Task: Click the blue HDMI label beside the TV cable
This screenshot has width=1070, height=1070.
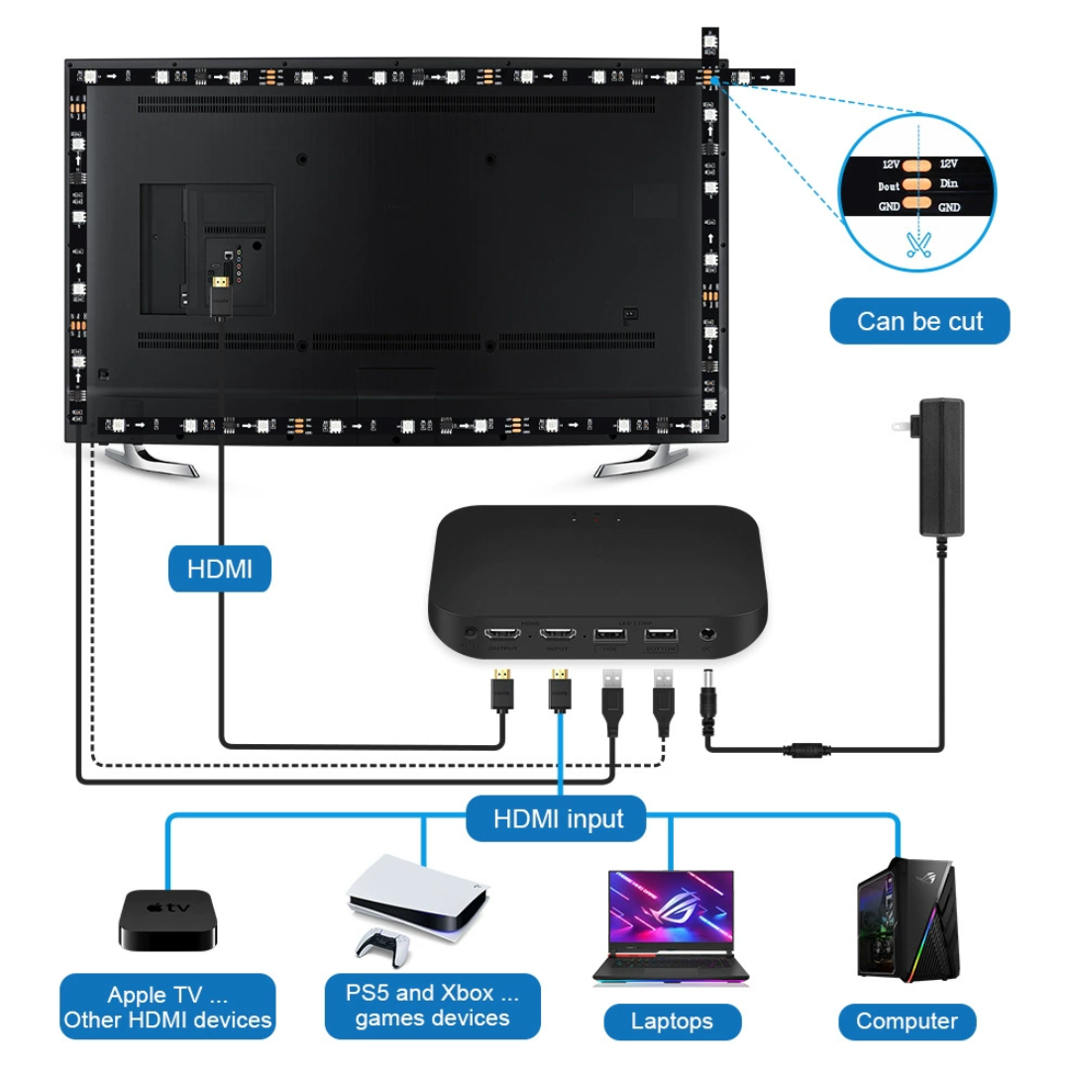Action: coord(219,569)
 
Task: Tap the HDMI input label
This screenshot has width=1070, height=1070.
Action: coord(558,818)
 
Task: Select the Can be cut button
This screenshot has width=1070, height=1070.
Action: coord(919,321)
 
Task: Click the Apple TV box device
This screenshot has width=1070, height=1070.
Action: coord(166,920)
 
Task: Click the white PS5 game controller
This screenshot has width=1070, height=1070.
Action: coord(383,947)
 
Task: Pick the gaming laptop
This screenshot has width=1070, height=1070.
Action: coord(672,927)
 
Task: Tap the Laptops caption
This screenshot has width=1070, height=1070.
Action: coord(672,1021)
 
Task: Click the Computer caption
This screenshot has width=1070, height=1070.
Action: coord(907,1021)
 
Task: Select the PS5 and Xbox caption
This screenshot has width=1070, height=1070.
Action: coord(432,1006)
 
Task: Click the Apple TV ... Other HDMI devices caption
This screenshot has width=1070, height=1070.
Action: coord(167,1008)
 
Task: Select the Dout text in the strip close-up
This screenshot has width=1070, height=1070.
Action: coord(889,186)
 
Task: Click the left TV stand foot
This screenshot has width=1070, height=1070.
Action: coord(149,461)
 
